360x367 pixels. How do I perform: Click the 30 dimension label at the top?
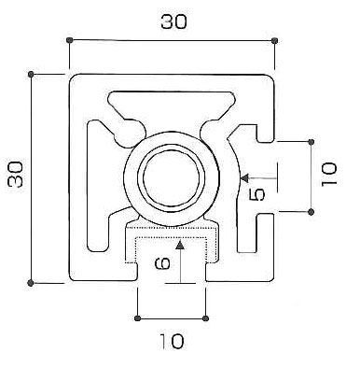click(173, 21)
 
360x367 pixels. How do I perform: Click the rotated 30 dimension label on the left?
click(16, 175)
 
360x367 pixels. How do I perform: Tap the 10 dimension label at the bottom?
click(172, 341)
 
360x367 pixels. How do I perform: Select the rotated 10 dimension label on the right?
click(329, 174)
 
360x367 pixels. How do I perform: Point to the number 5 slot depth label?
click(257, 194)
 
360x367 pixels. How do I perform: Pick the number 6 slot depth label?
click(163, 263)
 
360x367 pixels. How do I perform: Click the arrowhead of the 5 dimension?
click(245, 178)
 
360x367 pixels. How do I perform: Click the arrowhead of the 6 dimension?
click(180, 246)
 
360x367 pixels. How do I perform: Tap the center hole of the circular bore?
click(171, 177)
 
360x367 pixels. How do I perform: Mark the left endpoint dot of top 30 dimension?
click(70, 40)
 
